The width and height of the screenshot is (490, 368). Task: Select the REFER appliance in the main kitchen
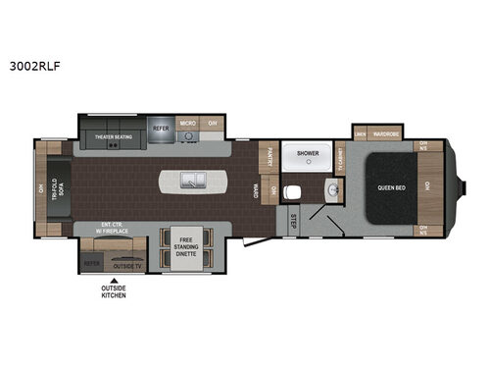click(161, 128)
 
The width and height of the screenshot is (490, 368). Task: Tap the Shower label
click(309, 153)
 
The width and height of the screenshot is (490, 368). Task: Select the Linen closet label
click(360, 133)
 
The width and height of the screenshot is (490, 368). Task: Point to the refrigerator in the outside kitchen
click(92, 264)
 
